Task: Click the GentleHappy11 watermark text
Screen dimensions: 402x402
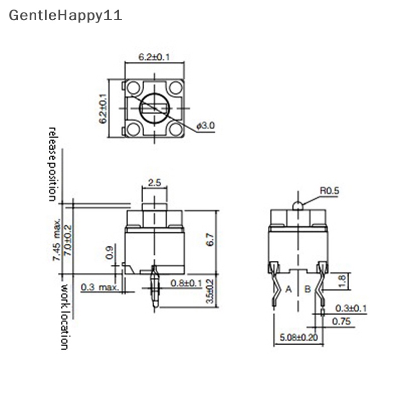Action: tap(65, 15)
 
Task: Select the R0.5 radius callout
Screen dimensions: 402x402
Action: tap(330, 190)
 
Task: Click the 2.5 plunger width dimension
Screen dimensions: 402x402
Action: tap(155, 183)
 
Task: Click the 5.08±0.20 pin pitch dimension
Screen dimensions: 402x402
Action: tap(299, 337)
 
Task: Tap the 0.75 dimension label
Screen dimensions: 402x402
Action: tap(341, 321)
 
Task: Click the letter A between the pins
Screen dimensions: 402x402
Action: tap(288, 289)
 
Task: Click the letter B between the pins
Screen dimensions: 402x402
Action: tap(308, 289)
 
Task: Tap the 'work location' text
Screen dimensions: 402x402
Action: tap(64, 317)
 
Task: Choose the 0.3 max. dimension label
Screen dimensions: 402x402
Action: tap(99, 287)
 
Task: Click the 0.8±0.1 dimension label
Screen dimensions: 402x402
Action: tap(186, 283)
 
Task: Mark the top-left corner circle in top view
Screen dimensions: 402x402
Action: tap(133, 88)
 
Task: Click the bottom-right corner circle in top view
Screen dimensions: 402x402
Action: tap(175, 129)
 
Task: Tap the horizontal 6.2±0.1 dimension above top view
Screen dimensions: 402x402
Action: tap(154, 57)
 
